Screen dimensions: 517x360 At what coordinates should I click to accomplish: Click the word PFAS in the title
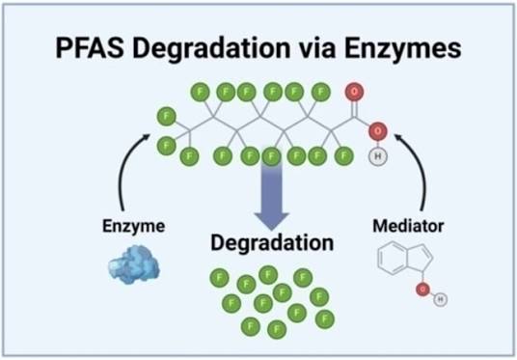90,48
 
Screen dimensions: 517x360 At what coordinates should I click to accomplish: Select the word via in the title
317,48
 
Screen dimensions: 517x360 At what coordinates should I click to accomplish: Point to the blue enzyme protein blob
134,264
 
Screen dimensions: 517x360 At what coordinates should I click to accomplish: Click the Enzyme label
133,227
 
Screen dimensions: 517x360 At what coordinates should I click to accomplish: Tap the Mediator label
408,226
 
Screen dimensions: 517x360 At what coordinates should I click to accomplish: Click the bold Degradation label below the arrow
272,243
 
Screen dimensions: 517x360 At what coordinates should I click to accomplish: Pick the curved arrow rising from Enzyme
122,168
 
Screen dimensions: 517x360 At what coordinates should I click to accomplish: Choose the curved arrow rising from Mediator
420,168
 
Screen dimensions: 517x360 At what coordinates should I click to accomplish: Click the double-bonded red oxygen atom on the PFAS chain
354,92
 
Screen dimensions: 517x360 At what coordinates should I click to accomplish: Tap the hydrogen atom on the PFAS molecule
378,156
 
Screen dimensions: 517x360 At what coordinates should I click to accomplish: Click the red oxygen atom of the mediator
422,290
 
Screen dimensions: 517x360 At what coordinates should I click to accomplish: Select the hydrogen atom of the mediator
441,299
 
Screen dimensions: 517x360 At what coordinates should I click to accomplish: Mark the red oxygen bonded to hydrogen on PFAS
378,131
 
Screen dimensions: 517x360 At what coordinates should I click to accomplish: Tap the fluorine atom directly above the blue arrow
271,156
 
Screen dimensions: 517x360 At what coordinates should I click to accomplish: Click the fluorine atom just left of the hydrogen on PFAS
344,155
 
